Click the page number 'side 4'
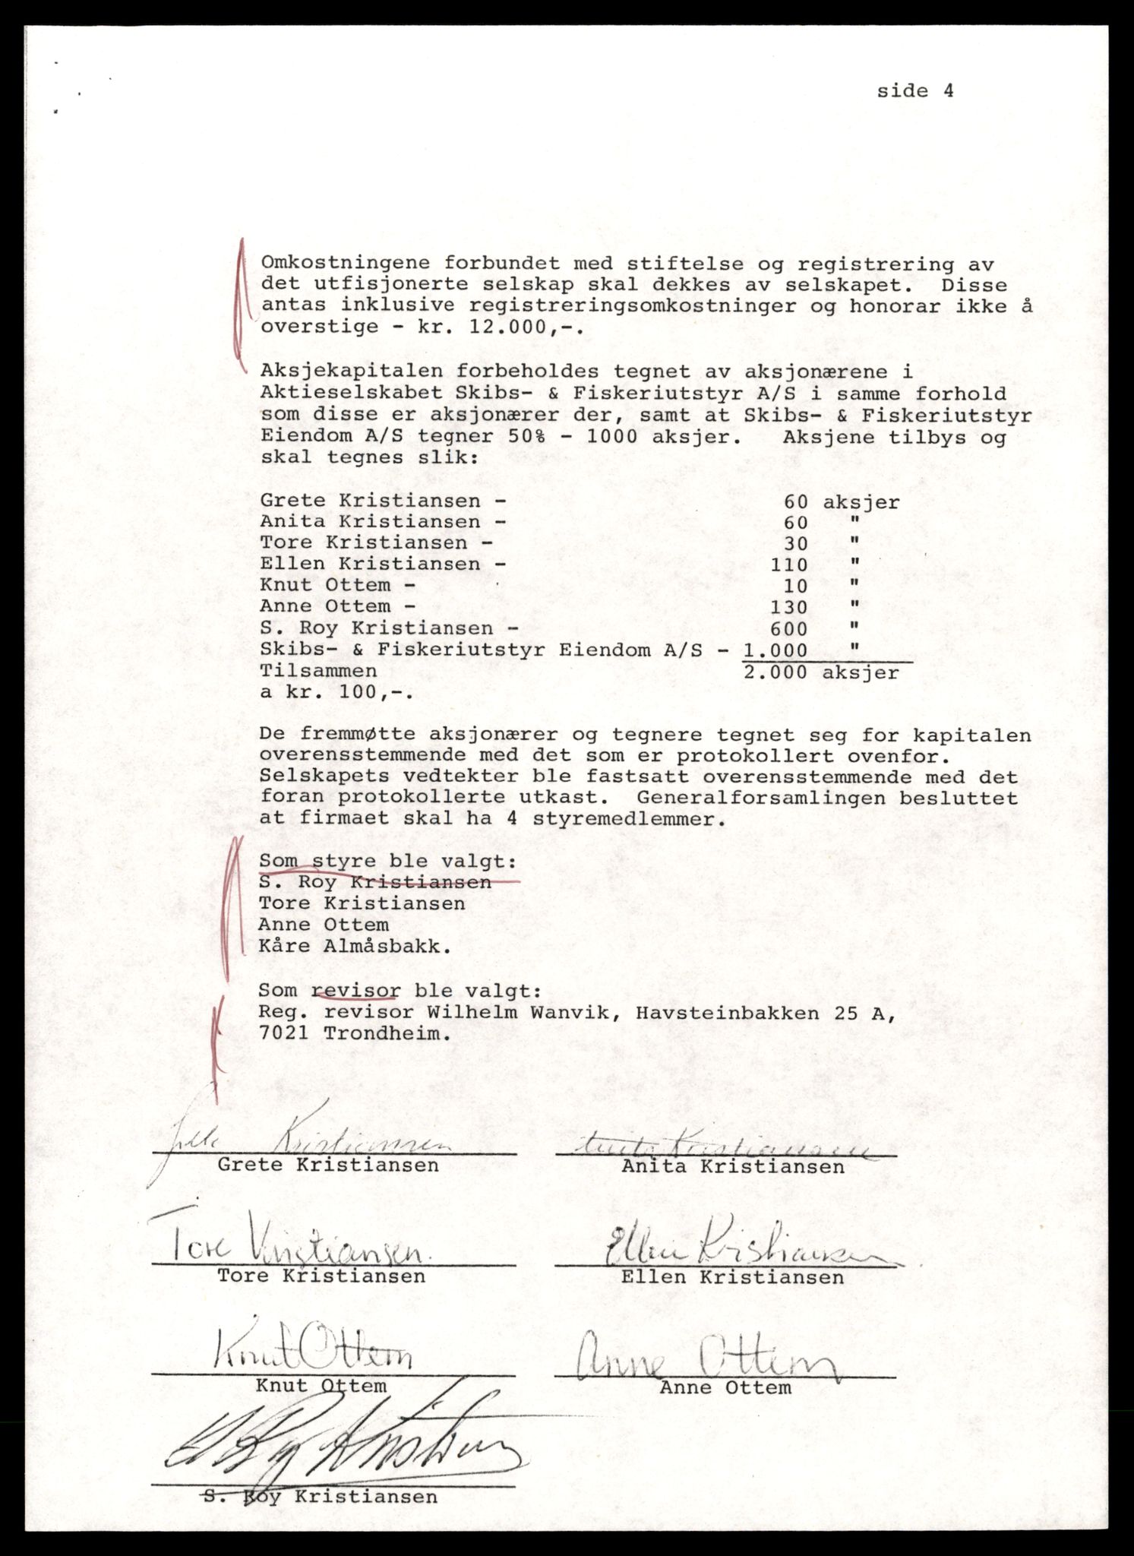tap(914, 91)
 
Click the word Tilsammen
tap(317, 672)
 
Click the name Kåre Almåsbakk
tap(354, 947)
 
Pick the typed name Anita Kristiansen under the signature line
tap(732, 1167)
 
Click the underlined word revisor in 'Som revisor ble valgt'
tap(355, 991)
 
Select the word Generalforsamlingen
tap(828, 799)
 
